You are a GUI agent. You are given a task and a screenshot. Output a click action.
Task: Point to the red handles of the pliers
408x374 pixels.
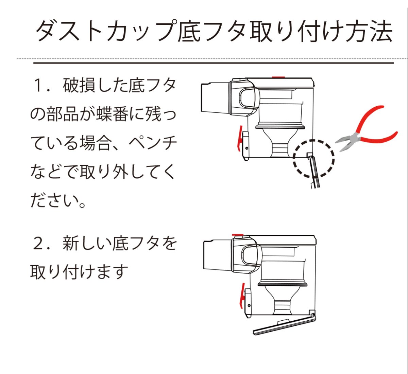coord(374,126)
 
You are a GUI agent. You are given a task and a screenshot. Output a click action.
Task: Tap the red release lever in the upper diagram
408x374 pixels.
coord(240,138)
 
